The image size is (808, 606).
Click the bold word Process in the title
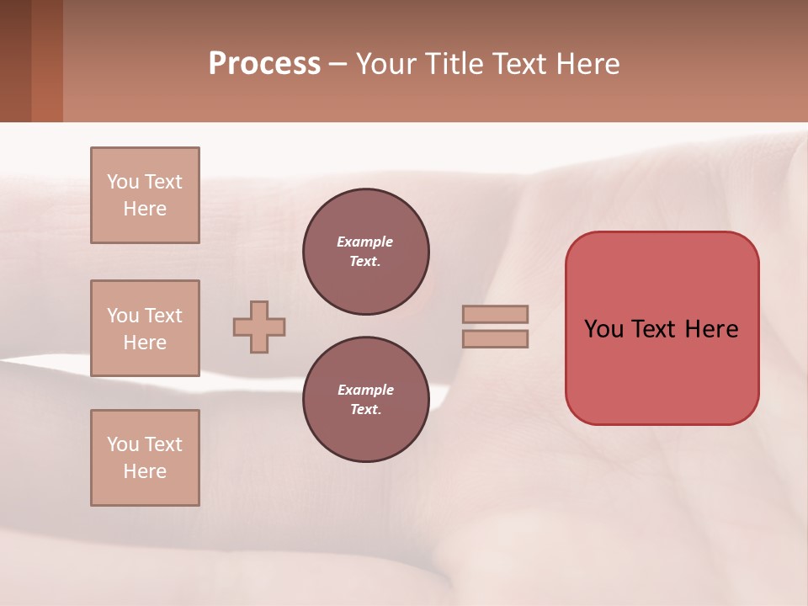point(264,64)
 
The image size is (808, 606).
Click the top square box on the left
point(145,195)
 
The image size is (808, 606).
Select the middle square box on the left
point(145,328)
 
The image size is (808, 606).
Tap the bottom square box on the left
point(145,458)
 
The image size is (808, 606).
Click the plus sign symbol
point(259,327)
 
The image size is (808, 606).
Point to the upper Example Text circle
point(365,251)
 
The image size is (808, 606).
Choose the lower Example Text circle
point(365,399)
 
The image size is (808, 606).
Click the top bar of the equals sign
point(495,314)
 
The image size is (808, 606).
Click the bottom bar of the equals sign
point(495,338)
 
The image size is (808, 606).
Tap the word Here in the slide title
point(588,64)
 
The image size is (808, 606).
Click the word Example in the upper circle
point(365,242)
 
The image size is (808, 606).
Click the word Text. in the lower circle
point(365,410)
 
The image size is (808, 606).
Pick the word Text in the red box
point(652,329)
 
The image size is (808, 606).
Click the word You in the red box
point(604,329)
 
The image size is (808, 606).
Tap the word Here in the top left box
point(145,209)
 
